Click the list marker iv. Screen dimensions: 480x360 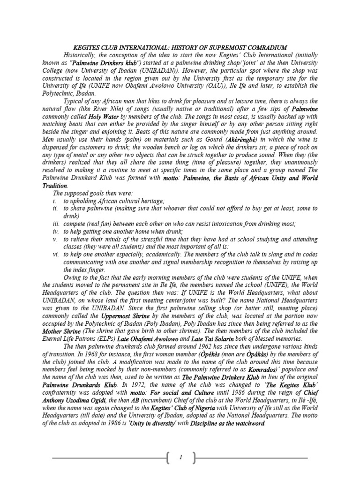(x=55, y=231)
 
